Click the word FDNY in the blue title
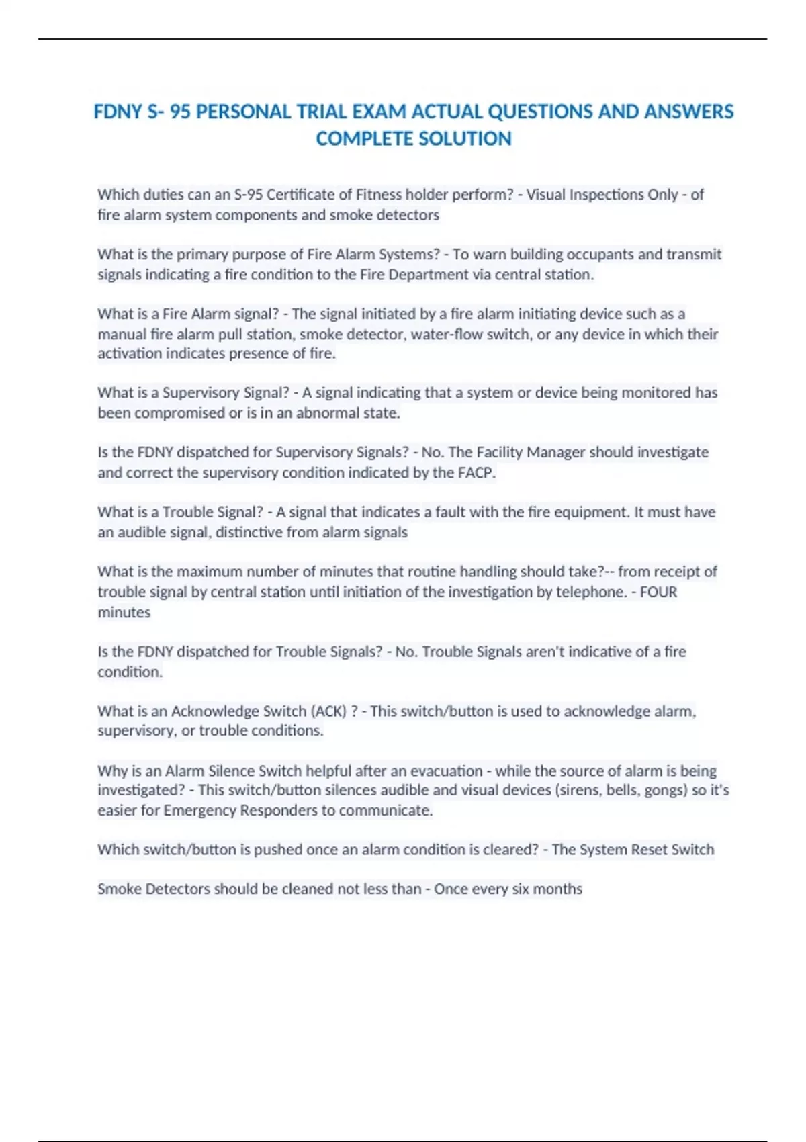[118, 112]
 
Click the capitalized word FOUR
[658, 592]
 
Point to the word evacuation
[446, 771]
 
